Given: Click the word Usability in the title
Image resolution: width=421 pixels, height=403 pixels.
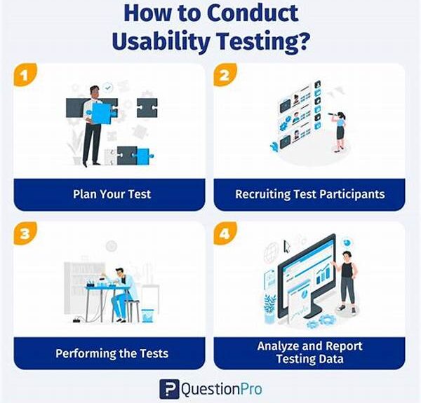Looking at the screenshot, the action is [161, 41].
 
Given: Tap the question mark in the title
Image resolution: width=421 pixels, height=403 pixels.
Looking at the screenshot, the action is [303, 40].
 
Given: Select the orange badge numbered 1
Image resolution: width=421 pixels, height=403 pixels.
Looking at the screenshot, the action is [25, 75].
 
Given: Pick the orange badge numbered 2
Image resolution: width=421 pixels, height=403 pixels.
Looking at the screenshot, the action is [225, 75].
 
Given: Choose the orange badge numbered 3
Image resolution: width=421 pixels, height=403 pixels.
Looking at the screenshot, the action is [25, 233].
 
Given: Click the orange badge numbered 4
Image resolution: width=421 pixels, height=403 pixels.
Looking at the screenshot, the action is [225, 233].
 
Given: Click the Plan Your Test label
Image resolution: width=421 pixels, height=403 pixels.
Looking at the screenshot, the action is [112, 194].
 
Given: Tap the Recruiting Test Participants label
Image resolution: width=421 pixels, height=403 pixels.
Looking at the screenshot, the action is [310, 194].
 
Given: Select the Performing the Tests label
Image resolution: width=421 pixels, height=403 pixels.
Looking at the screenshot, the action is [112, 353].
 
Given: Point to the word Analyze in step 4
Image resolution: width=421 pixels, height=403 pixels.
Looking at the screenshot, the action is [277, 346].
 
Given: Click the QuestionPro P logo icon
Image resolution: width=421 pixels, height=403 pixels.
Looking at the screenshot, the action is [169, 389].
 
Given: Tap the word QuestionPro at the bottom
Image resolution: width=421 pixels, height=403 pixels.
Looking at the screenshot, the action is [222, 389].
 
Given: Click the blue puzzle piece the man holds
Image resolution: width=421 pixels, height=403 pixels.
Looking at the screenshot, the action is [102, 114].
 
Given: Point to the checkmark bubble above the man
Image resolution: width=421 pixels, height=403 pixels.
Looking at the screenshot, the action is [108, 88].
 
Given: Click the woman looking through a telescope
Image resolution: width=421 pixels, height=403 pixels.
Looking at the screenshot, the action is [339, 132].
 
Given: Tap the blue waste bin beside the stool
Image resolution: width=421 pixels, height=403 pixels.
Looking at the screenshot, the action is [147, 315].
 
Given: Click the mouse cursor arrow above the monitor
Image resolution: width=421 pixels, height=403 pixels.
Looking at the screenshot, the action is [287, 247].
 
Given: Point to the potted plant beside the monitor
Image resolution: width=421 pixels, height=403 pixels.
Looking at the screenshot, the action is [269, 309].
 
